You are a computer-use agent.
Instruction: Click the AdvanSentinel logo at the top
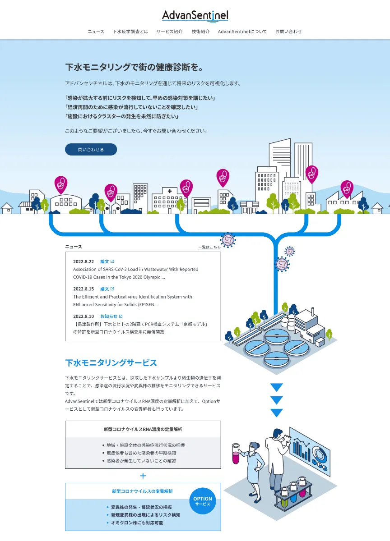click(195, 16)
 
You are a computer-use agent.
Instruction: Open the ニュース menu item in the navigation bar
click(96, 32)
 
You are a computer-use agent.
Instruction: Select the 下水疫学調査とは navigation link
click(130, 32)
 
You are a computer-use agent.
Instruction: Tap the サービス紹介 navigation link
click(169, 32)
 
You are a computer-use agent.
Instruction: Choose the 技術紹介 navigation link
click(201, 32)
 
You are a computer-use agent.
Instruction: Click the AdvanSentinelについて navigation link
click(242, 32)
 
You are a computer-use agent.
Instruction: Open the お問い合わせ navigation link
click(289, 32)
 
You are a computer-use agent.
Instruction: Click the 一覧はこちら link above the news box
click(209, 247)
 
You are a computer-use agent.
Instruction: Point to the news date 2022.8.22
click(84, 261)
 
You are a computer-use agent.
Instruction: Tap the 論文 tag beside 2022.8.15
click(104, 289)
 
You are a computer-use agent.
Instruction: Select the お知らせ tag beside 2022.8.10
click(109, 316)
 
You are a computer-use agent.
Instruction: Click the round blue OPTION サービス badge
click(203, 501)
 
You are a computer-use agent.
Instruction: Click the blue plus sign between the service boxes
click(143, 476)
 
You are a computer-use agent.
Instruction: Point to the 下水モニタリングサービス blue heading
click(111, 363)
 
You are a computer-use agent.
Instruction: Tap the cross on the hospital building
click(170, 191)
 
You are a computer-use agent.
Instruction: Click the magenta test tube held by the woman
click(236, 454)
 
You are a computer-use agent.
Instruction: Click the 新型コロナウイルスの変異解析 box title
click(142, 491)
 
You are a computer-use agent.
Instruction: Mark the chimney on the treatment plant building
click(312, 312)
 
